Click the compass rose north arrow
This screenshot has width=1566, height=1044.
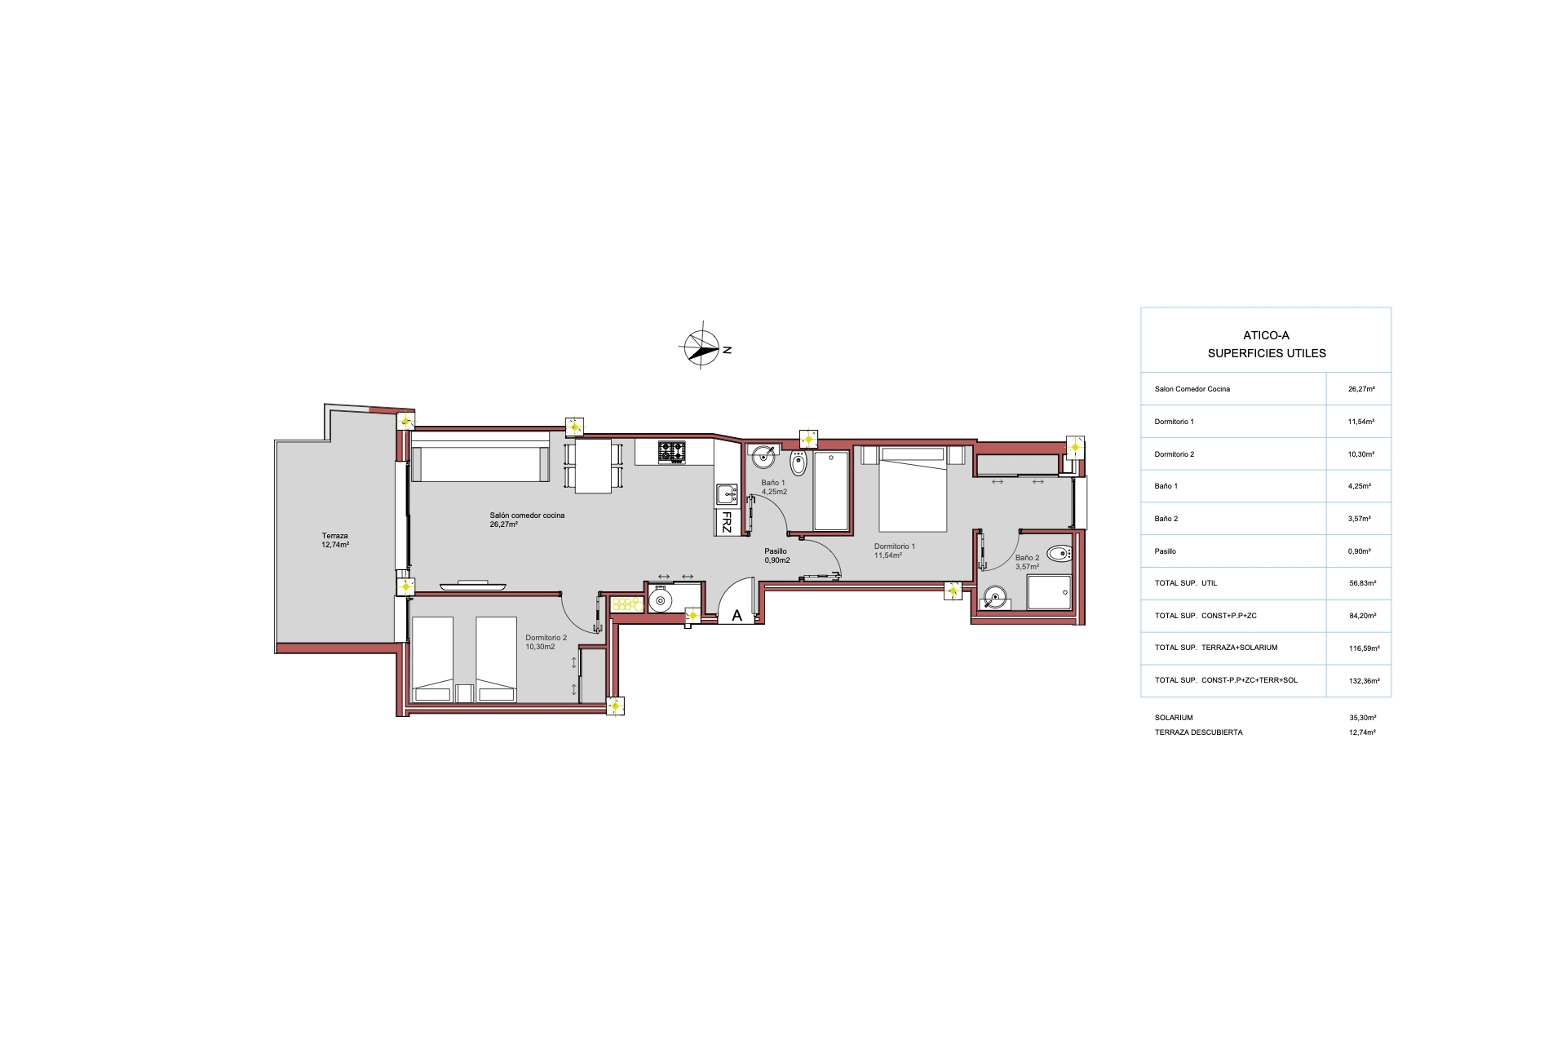(700, 348)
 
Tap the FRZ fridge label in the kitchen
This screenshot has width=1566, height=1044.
(726, 522)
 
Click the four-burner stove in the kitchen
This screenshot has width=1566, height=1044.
(672, 452)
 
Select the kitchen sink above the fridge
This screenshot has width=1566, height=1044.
(727, 493)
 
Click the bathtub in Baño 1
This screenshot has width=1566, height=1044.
(831, 490)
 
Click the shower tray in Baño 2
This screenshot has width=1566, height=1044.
(1049, 592)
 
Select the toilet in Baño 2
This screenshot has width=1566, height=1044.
(1059, 555)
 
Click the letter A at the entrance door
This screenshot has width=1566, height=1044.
(737, 616)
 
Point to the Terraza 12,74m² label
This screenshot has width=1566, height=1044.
(335, 540)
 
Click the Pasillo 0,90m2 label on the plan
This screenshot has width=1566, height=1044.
(776, 556)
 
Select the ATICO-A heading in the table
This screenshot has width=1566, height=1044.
(1266, 335)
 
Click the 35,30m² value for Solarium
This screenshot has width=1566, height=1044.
(1363, 718)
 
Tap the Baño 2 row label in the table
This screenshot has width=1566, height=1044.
(1166, 519)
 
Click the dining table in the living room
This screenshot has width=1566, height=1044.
(593, 466)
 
